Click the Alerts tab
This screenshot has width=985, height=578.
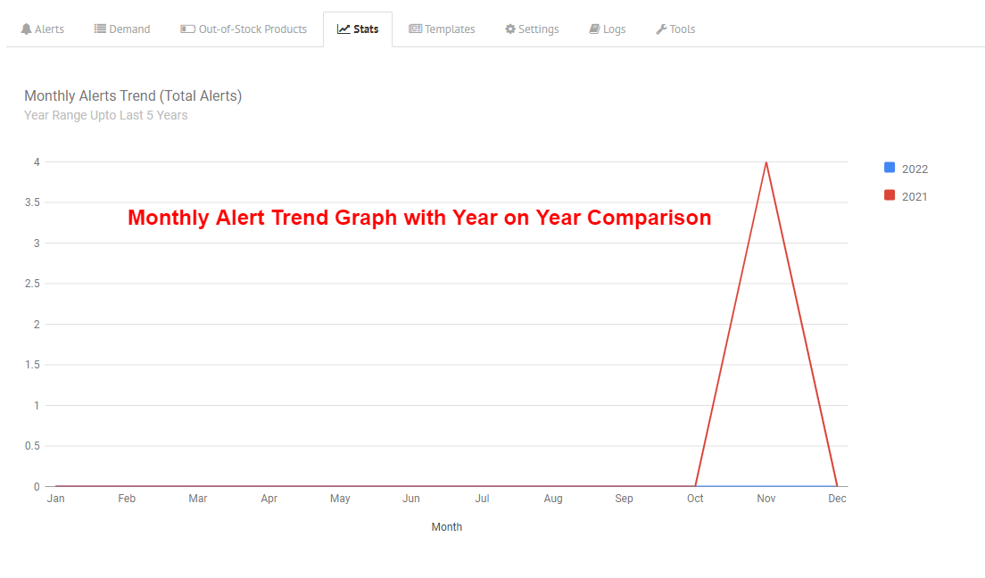click(x=42, y=29)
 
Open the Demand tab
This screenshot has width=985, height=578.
click(x=122, y=29)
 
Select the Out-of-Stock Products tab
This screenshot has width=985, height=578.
click(x=244, y=29)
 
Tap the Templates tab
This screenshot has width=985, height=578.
click(x=442, y=29)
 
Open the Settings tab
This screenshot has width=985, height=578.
click(x=532, y=29)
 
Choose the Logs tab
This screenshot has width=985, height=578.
click(x=607, y=29)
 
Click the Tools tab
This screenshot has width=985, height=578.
click(x=675, y=29)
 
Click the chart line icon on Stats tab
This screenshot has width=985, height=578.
click(x=343, y=29)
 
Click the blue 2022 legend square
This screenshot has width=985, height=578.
click(x=890, y=168)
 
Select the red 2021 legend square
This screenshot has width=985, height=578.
click(x=890, y=195)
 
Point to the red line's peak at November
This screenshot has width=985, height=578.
click(x=766, y=162)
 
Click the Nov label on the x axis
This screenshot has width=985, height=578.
click(x=766, y=499)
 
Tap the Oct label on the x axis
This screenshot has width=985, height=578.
click(x=695, y=499)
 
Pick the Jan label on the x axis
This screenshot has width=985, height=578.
click(x=56, y=499)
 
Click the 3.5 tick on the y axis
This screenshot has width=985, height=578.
click(x=32, y=202)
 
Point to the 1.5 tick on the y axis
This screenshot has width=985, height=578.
click(x=32, y=365)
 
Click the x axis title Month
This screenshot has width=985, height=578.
click(x=447, y=527)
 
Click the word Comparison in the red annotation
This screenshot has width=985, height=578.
click(x=649, y=218)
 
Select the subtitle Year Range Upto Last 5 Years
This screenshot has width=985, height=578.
click(x=105, y=116)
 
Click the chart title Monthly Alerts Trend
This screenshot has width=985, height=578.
click(x=90, y=96)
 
